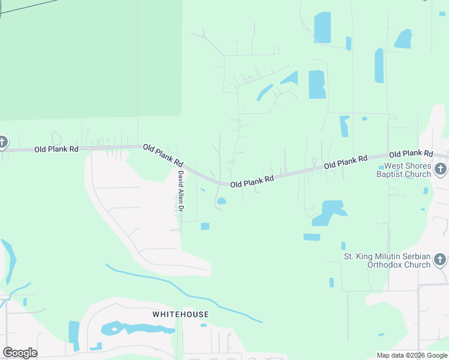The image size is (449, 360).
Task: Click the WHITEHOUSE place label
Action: [x=180, y=314]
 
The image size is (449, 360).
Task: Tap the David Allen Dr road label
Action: [x=179, y=193]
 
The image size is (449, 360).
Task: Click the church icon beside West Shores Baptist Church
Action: [x=440, y=170]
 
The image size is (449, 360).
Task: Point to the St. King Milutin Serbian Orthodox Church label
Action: [x=387, y=260]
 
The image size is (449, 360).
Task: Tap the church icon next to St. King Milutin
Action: [x=440, y=260]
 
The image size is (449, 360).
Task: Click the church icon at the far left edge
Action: [x=2, y=143]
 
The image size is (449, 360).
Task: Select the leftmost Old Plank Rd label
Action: [x=56, y=149]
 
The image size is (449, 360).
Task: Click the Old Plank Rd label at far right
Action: [x=411, y=154]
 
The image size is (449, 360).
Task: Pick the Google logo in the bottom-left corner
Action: [x=20, y=353]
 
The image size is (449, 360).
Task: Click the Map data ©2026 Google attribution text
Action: [x=411, y=355]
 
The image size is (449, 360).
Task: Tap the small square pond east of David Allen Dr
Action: [x=205, y=226]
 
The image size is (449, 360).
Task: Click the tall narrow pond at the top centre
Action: [x=322, y=27]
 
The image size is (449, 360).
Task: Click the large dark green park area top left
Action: [x=90, y=57]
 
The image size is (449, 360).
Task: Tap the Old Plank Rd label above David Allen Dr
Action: [x=163, y=154]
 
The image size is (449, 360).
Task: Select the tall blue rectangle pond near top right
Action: [x=379, y=65]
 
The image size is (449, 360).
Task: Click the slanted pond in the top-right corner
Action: [x=403, y=39]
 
